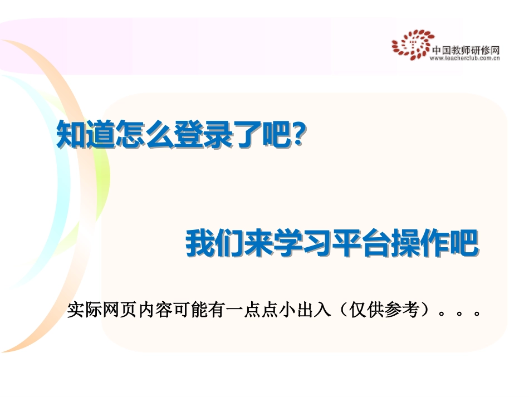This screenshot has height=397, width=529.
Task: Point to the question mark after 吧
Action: pos(298,136)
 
